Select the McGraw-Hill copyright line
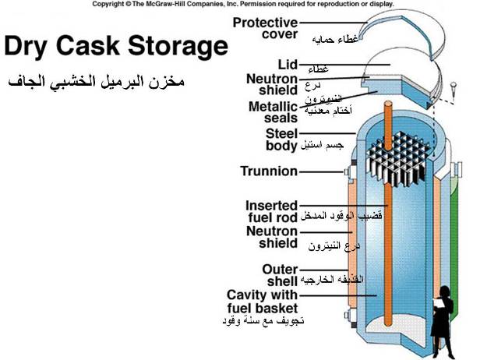243,5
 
